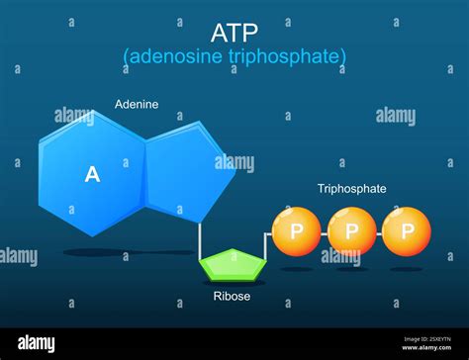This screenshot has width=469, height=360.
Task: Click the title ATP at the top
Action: click(x=234, y=31)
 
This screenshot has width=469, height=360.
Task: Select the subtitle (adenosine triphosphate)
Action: click(x=234, y=56)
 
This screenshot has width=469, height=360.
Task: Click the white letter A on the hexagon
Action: click(x=92, y=175)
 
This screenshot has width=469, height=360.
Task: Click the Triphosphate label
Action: click(x=351, y=188)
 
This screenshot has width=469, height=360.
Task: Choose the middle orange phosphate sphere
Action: click(x=352, y=231)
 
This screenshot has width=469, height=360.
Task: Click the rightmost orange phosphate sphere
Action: click(x=407, y=231)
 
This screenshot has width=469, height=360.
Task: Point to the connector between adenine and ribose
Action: click(x=201, y=237)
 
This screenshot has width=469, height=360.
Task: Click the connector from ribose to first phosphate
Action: click(x=264, y=247)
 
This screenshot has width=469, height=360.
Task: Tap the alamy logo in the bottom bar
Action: click(x=40, y=342)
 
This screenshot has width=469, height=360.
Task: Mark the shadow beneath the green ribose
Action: click(x=234, y=283)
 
